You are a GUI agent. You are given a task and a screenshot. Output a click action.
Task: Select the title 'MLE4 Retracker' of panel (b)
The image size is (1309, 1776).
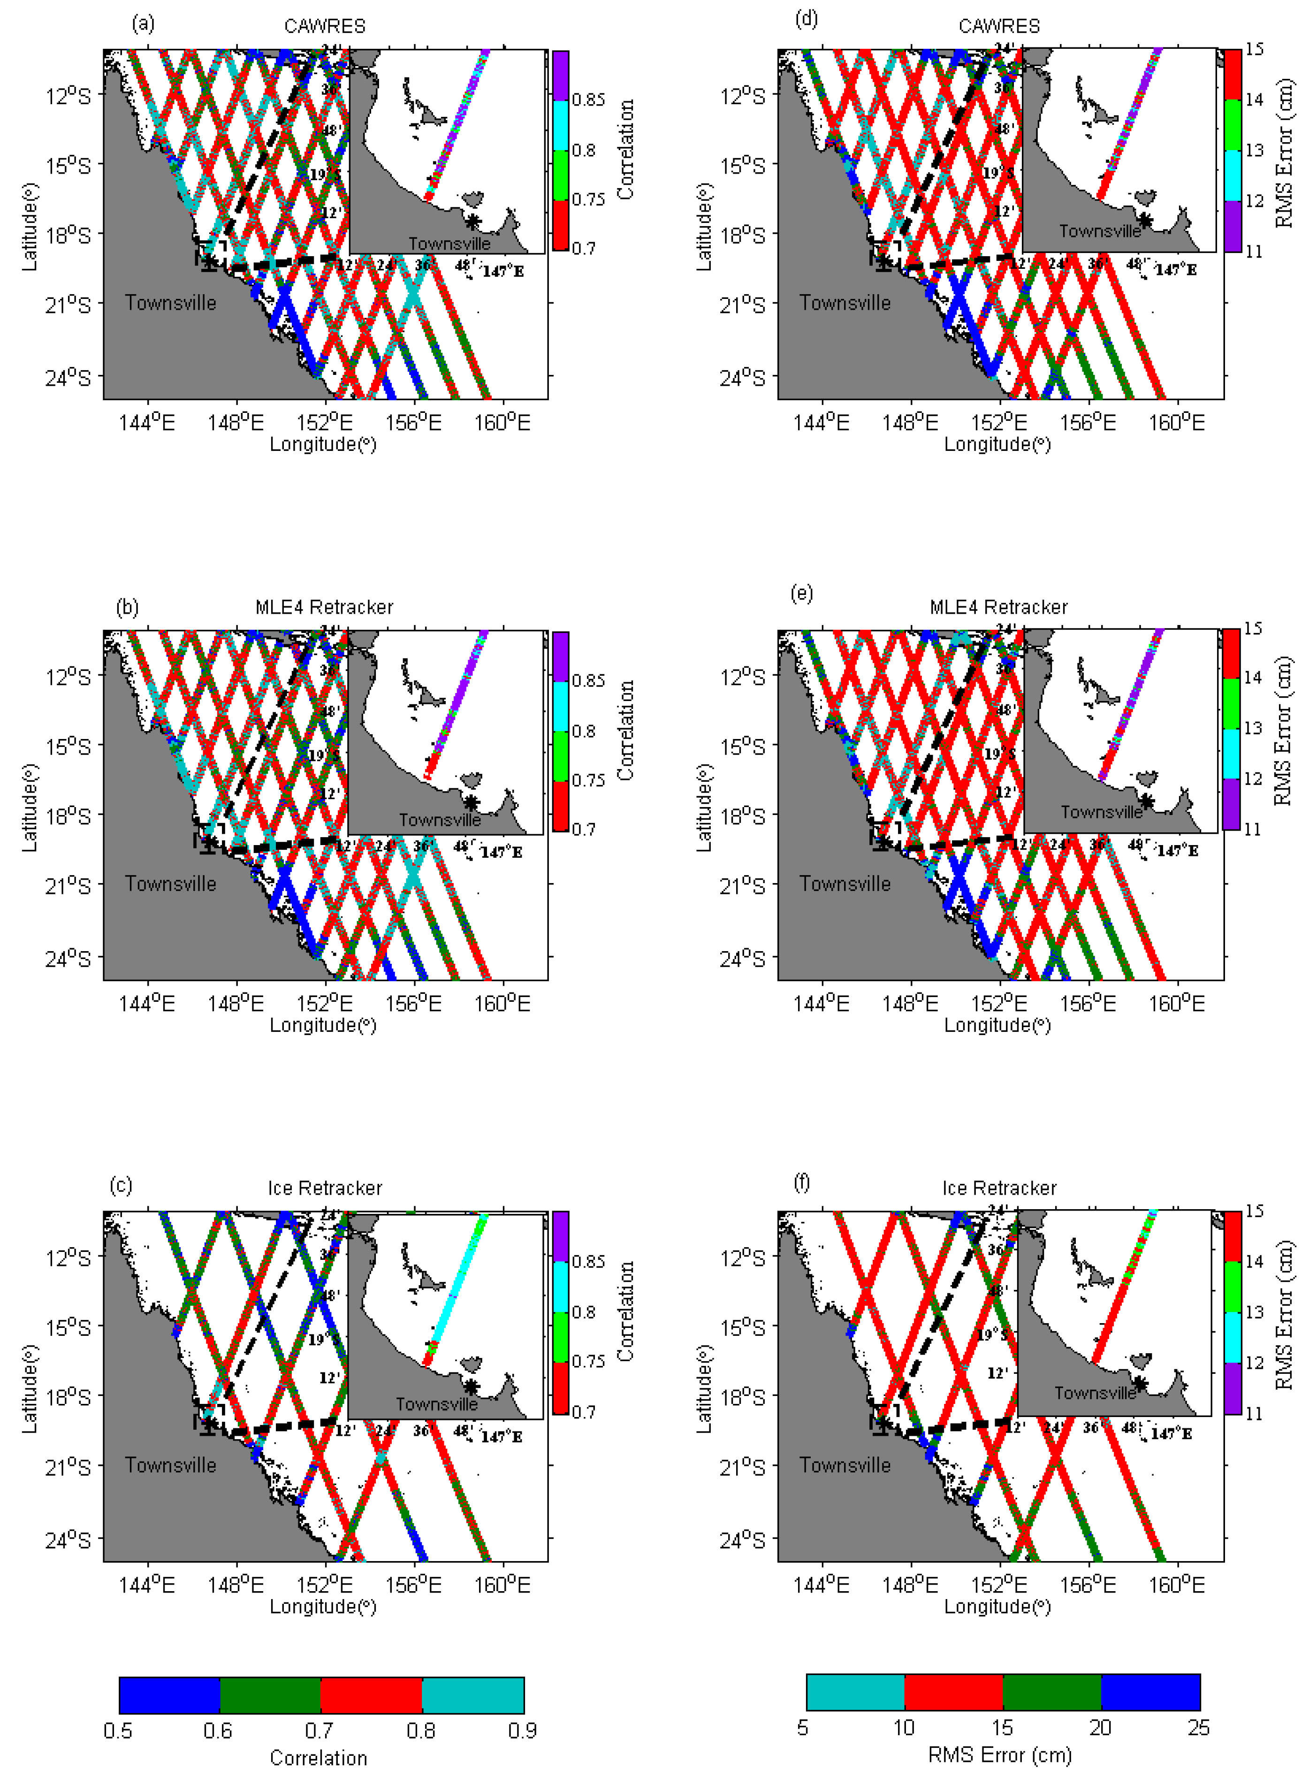pyautogui.click(x=324, y=607)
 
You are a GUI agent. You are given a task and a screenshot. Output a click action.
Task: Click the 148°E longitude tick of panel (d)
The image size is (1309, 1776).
pyautogui.click(x=910, y=422)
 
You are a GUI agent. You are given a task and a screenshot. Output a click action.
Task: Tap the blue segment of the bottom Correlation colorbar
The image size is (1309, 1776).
pyautogui.click(x=169, y=1695)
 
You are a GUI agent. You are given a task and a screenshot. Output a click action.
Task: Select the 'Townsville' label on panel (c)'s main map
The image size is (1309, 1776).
pyautogui.click(x=170, y=1464)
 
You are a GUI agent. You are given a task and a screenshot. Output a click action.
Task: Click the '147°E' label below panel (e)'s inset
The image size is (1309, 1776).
pyautogui.click(x=1177, y=850)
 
